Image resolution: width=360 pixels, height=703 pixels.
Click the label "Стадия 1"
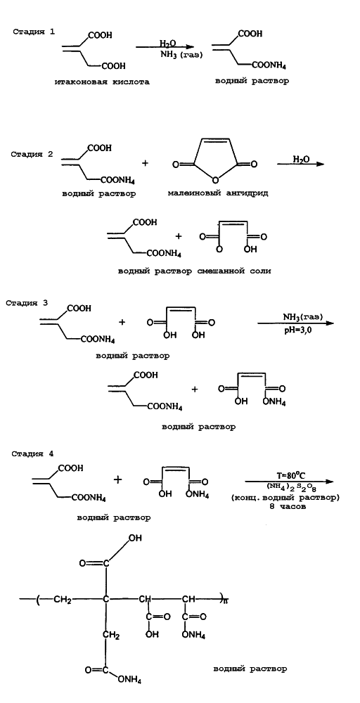34,32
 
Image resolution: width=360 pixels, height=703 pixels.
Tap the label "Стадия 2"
32,154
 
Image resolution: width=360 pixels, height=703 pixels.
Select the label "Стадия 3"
27,302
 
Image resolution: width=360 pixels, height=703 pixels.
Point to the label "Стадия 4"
33,453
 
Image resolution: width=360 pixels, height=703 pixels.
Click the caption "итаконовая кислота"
102,82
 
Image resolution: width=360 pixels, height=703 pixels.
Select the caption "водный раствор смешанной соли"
195,271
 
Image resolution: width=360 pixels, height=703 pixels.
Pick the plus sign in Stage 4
118,480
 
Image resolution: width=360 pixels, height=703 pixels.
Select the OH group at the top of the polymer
135,539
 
